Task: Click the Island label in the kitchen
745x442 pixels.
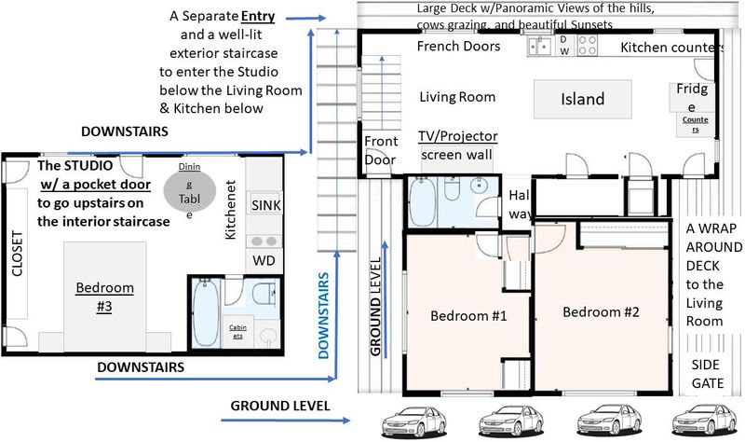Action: [583, 99]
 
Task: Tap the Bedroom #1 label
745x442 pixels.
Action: [468, 316]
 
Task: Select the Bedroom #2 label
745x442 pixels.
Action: [601, 312]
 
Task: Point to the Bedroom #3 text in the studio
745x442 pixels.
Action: [104, 297]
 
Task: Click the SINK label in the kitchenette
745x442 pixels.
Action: [266, 205]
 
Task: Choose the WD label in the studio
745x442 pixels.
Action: [264, 261]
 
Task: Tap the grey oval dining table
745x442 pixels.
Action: [190, 190]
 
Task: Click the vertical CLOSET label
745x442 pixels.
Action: [17, 254]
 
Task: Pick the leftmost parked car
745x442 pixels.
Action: [413, 421]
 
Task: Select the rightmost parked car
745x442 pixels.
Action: [704, 420]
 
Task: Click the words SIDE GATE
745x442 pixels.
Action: [708, 374]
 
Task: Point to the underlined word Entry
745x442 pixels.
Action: [258, 16]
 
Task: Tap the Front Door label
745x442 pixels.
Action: [381, 150]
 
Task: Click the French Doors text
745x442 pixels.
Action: [458, 46]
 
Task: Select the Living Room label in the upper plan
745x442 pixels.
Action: [457, 97]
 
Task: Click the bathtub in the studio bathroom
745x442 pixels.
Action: [206, 312]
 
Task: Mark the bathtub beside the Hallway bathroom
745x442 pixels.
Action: [423, 202]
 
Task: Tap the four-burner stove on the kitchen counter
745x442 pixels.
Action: [588, 46]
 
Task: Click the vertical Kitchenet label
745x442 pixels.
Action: [230, 210]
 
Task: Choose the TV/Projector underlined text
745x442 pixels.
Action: [458, 136]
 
